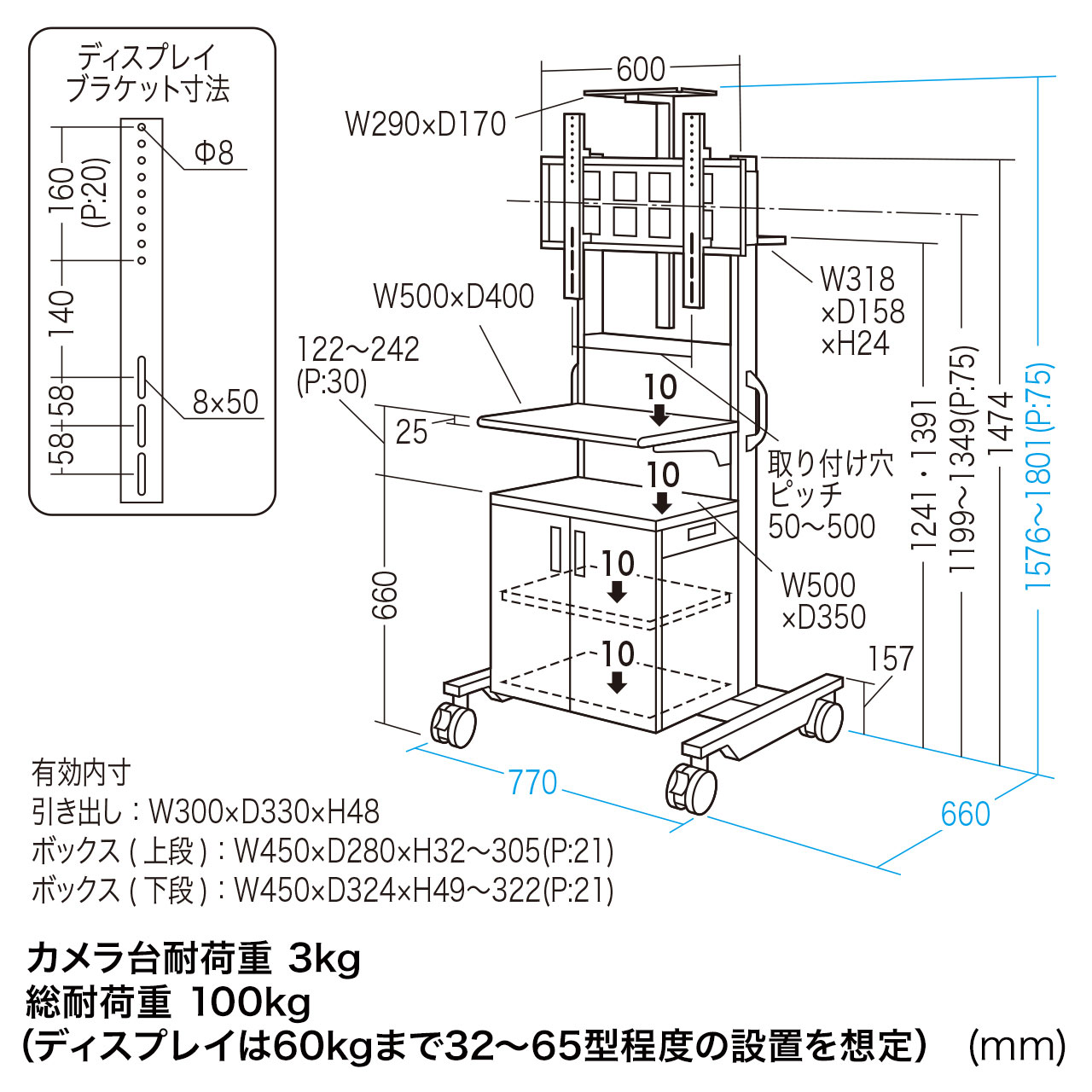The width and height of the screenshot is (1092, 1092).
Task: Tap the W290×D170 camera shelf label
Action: tap(425, 125)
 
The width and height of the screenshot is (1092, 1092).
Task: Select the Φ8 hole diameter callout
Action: tap(213, 153)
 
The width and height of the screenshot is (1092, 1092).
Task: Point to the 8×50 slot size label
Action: tap(224, 402)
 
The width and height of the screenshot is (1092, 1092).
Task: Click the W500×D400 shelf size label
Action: tap(453, 297)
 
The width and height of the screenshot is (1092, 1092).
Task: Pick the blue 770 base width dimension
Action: tap(532, 782)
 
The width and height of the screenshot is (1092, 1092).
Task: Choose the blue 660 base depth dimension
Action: tap(965, 815)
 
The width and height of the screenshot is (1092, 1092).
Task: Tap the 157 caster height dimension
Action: tap(890, 659)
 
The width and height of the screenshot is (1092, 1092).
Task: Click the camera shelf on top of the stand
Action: tap(648, 92)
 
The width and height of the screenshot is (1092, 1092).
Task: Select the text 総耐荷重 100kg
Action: tap(168, 1002)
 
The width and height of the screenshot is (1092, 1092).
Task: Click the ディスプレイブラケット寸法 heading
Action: tap(148, 74)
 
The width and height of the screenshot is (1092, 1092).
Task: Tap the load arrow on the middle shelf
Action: tap(659, 415)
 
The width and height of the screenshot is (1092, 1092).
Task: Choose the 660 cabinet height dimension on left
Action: tap(385, 595)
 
